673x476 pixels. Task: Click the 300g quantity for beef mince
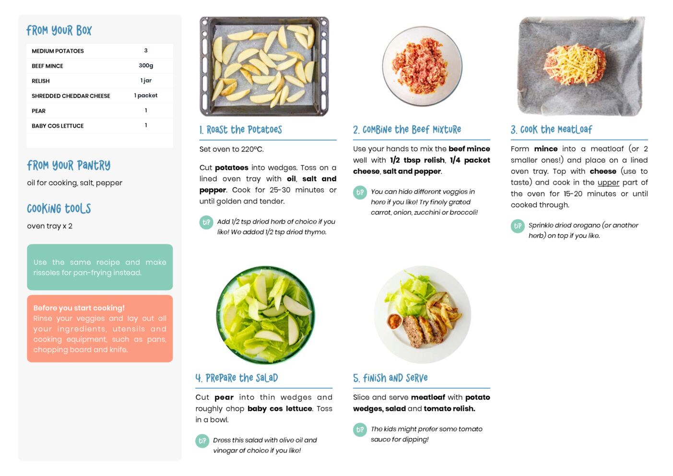coord(146,66)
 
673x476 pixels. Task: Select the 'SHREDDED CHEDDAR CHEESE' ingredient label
coord(71,96)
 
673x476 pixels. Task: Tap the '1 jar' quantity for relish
coord(146,81)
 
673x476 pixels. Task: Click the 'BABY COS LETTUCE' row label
coord(58,126)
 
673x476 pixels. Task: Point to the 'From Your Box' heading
coord(59,30)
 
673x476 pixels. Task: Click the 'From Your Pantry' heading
coord(69,165)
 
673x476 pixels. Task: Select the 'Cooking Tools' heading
coord(59,209)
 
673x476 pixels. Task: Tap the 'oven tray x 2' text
coord(49,226)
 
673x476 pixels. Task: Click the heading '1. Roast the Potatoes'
coord(241,130)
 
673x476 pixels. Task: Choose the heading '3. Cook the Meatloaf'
coord(551,130)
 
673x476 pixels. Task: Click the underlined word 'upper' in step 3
coord(608,183)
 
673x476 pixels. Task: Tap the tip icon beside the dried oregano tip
coord(518,226)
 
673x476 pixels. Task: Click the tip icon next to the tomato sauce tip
coord(360,430)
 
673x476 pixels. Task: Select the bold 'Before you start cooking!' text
coord(79,308)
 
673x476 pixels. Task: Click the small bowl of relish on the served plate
coord(394,321)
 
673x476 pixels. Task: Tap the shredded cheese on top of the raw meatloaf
coord(574,63)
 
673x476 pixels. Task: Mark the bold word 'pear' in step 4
coord(224,398)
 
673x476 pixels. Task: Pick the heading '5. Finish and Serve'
coord(390,378)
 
